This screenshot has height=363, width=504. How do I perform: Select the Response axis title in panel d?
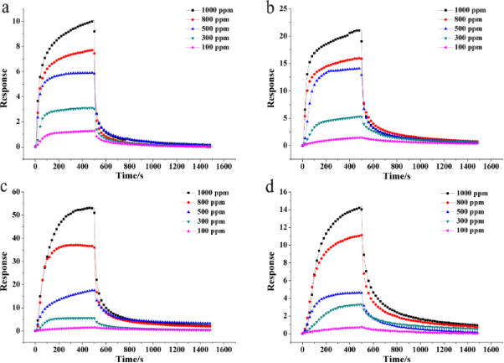coord(272,269)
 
